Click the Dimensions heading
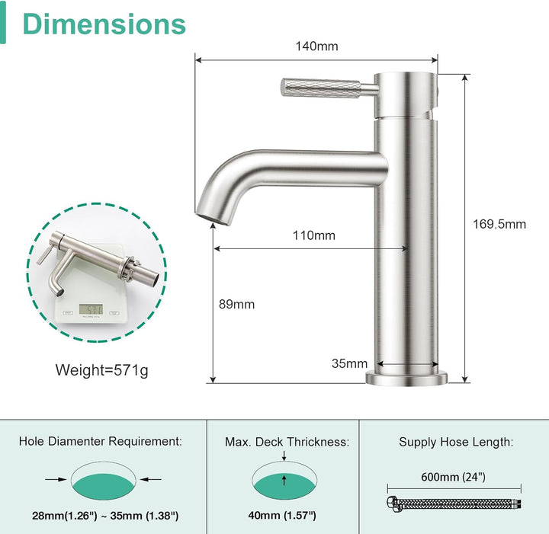(104, 24)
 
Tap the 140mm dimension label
(317, 46)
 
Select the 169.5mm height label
(499, 224)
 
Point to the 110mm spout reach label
(314, 235)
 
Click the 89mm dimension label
(236, 304)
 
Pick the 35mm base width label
(349, 363)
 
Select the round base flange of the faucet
(406, 379)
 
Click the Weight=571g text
(102, 370)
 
